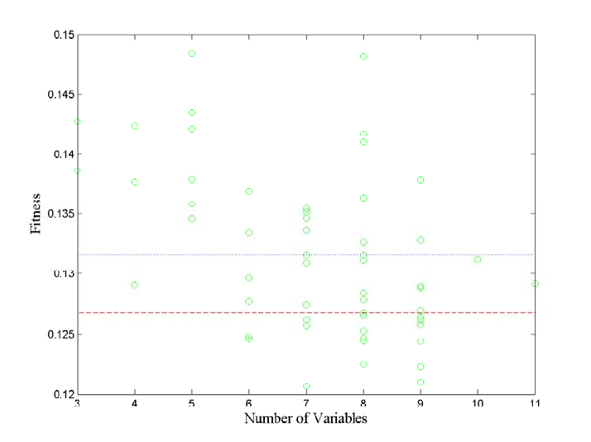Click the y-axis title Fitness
(x=36, y=214)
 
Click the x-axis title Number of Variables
(x=305, y=418)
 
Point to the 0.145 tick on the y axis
(x=63, y=94)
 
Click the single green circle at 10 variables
(x=478, y=259)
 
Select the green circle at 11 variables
(x=535, y=283)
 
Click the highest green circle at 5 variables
(x=192, y=54)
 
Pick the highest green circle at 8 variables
(x=363, y=56)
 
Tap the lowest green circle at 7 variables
(x=306, y=387)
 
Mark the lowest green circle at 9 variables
(x=420, y=382)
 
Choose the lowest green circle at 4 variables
(x=134, y=285)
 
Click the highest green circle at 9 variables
(x=420, y=180)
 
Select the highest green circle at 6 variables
(x=249, y=191)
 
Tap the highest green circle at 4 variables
(x=134, y=126)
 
